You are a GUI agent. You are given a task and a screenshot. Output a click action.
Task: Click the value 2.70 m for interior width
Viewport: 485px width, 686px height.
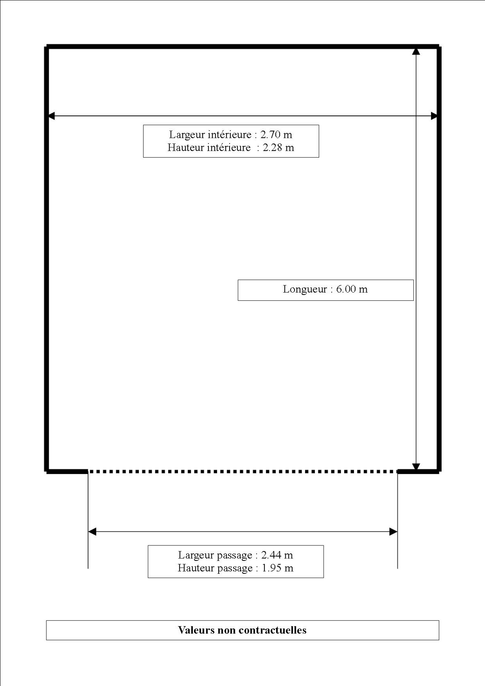[x=276, y=135]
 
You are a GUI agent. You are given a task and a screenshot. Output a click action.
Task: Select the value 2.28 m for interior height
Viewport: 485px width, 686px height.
[x=278, y=148]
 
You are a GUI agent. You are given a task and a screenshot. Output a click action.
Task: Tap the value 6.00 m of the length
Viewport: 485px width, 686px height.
[x=352, y=289]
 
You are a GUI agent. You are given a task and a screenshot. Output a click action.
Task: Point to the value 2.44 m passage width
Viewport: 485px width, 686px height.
[x=277, y=555]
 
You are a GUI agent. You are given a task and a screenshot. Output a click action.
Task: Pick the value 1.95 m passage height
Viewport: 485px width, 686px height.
[x=278, y=568]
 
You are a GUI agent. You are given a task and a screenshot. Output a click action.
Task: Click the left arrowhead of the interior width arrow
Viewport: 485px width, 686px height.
[x=51, y=116]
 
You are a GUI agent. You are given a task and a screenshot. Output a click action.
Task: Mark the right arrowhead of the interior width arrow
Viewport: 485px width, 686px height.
[x=434, y=116]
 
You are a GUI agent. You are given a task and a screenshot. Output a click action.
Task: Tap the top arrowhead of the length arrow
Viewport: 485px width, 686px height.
[x=416, y=51]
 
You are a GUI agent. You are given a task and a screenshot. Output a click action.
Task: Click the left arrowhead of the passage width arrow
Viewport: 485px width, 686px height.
[x=92, y=532]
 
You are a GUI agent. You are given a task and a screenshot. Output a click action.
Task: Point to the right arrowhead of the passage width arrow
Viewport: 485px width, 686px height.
[x=393, y=532]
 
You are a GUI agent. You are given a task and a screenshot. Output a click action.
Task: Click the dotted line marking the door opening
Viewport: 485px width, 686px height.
[x=242, y=472]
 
